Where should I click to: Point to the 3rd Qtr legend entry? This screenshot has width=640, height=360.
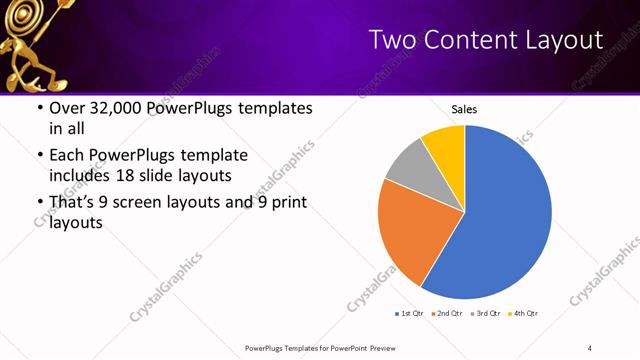click(x=485, y=314)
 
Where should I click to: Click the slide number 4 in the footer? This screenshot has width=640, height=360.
click(x=590, y=347)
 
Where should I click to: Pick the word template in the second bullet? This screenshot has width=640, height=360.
click(x=210, y=155)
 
